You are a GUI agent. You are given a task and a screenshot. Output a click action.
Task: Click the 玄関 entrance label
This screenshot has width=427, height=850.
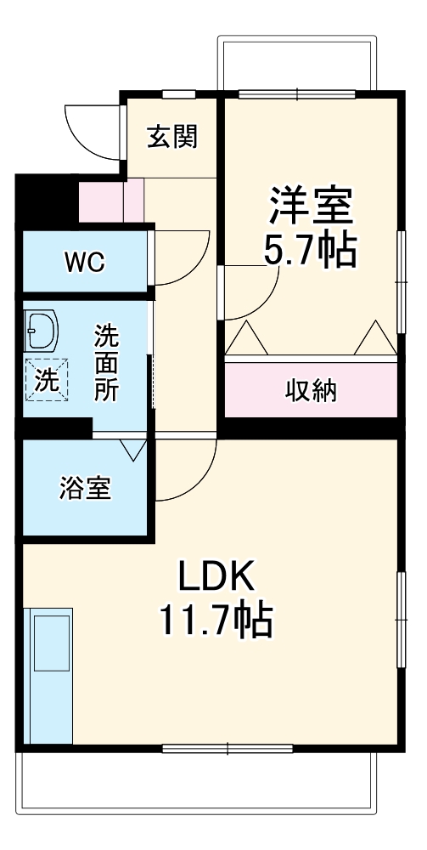click(x=172, y=136)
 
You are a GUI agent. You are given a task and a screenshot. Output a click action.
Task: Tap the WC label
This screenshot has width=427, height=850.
click(x=84, y=263)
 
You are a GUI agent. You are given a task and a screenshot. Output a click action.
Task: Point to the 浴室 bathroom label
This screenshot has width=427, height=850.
click(x=85, y=490)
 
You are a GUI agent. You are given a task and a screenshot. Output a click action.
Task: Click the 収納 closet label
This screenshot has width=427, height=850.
click(x=311, y=390)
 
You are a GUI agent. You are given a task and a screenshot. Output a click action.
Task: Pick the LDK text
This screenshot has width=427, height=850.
click(x=215, y=580)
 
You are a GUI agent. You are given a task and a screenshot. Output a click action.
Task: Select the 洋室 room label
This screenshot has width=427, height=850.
click(x=311, y=206)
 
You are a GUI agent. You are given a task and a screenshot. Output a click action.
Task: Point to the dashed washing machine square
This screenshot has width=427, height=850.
click(x=46, y=379)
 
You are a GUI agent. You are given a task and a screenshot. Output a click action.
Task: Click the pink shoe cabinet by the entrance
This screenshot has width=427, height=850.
click(x=101, y=201)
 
